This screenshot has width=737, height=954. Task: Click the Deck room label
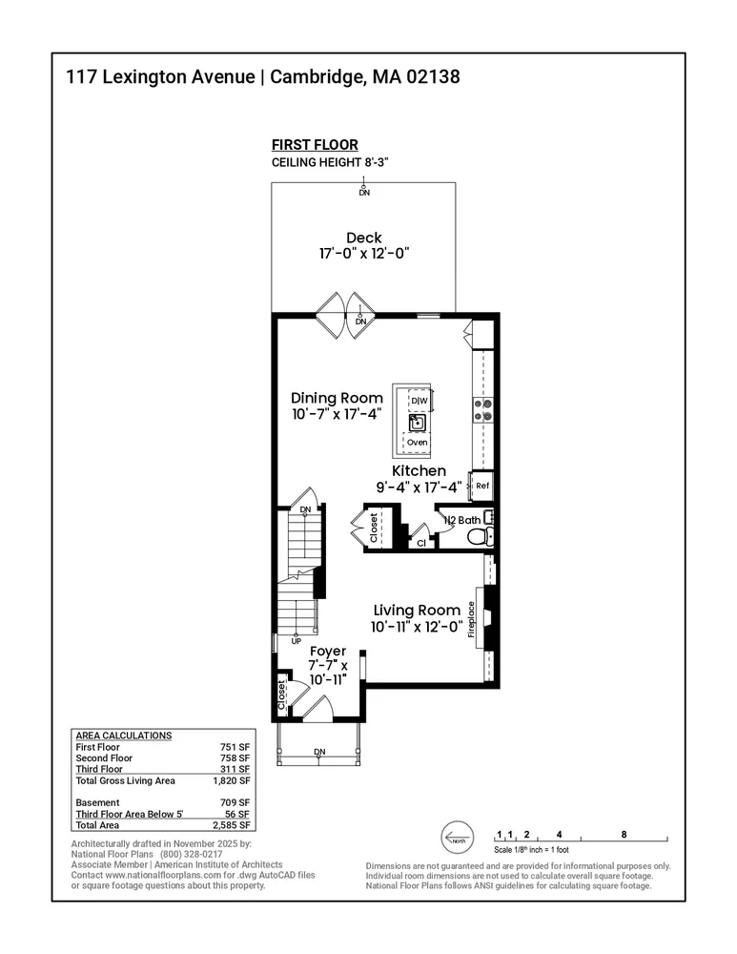tap(363, 238)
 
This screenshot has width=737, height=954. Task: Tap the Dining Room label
tap(337, 398)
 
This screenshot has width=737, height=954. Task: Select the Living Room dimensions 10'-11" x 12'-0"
tap(417, 627)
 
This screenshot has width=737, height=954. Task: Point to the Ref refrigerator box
tap(482, 486)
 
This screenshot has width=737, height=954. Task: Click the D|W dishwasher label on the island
tap(419, 402)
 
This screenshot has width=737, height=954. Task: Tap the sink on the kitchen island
tap(418, 423)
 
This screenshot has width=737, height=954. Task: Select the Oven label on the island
tap(418, 443)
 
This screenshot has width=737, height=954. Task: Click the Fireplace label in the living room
tap(472, 626)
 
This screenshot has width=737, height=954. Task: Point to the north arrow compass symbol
tap(457, 839)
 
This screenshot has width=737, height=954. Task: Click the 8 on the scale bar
tap(624, 834)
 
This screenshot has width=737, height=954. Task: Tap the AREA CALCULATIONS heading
tap(123, 736)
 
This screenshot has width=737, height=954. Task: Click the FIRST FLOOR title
tap(315, 145)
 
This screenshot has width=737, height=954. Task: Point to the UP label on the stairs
tap(296, 641)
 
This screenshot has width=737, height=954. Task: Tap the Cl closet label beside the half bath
tap(420, 542)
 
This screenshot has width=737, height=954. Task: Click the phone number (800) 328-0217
tap(191, 855)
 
